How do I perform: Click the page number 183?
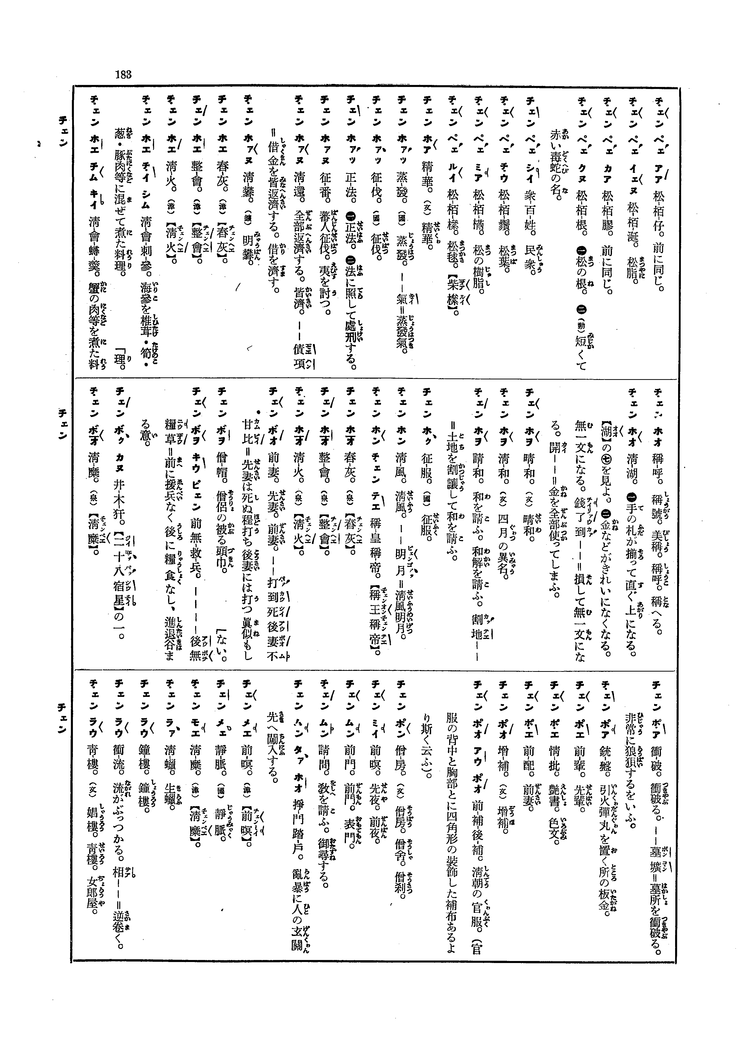tap(124, 74)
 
